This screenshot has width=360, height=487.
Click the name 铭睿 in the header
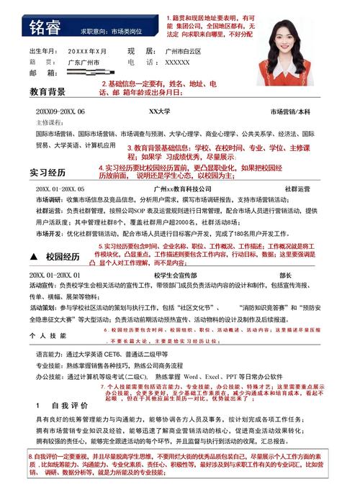pos(45,27)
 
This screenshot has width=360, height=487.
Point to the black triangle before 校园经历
pos(33,256)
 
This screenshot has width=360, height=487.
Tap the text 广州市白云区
pos(185,52)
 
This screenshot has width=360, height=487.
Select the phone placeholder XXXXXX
pos(178,63)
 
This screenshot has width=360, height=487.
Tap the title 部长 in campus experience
pos(285,275)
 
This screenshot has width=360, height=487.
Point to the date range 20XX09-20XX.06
pos(60,111)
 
